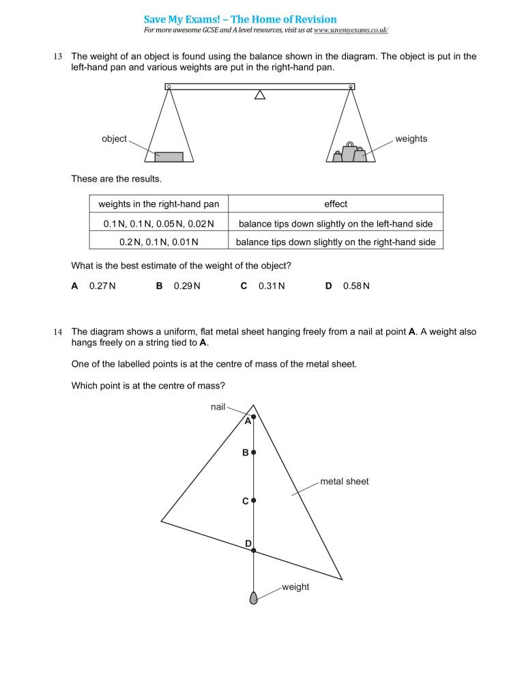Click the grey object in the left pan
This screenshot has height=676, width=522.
(x=169, y=156)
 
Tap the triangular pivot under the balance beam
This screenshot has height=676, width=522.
(x=259, y=95)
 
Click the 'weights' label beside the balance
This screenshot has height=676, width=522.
(x=411, y=139)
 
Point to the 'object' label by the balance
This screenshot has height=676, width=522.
(x=114, y=139)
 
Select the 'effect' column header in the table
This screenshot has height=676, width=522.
(x=335, y=203)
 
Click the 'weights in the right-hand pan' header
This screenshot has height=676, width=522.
(x=159, y=203)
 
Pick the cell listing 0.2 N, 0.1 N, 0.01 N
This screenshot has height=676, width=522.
(x=159, y=242)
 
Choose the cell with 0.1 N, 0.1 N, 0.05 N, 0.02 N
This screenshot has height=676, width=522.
(x=159, y=223)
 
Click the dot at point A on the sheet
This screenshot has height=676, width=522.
(x=254, y=417)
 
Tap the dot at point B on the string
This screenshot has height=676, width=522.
(x=254, y=452)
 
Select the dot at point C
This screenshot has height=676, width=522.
(x=254, y=501)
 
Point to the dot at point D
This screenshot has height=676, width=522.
(x=254, y=549)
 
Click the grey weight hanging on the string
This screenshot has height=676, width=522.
(x=254, y=598)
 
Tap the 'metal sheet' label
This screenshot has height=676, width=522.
(x=344, y=481)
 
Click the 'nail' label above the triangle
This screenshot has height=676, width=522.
(x=218, y=407)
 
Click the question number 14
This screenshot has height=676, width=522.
(x=58, y=332)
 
